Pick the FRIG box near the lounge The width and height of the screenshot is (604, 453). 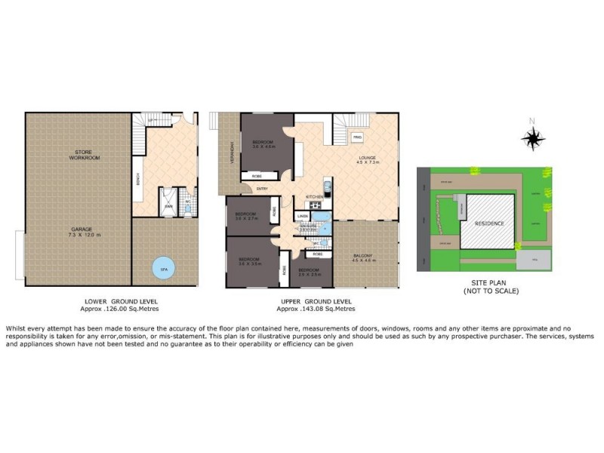[x=357, y=136]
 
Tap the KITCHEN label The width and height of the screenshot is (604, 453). [x=315, y=196]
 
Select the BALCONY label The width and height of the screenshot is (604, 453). [x=363, y=257]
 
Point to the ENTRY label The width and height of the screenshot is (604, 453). [x=262, y=188]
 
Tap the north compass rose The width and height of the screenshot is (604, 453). [x=534, y=137]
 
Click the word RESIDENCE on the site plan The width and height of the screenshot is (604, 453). [x=488, y=224]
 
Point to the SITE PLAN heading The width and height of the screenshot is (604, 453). [x=483, y=284]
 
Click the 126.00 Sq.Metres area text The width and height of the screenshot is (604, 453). [x=121, y=309]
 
